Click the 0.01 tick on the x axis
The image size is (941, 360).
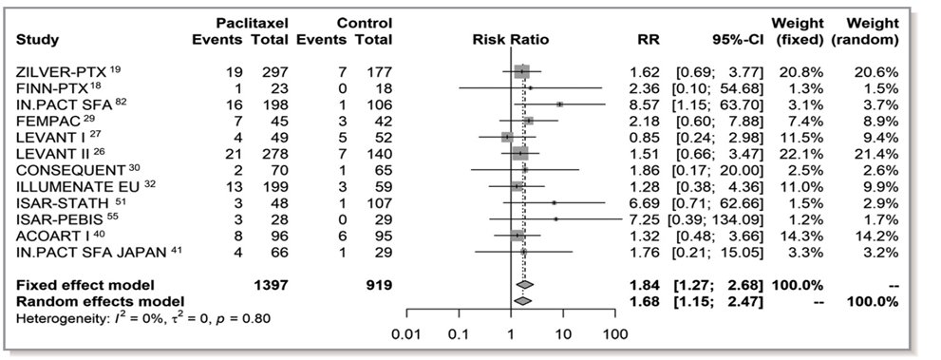click(407, 333)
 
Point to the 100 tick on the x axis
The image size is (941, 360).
click(614, 333)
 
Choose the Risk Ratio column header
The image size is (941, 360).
click(510, 40)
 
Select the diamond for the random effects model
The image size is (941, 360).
click(522, 300)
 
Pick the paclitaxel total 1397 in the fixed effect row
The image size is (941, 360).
click(268, 284)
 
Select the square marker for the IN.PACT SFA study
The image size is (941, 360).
click(560, 104)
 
